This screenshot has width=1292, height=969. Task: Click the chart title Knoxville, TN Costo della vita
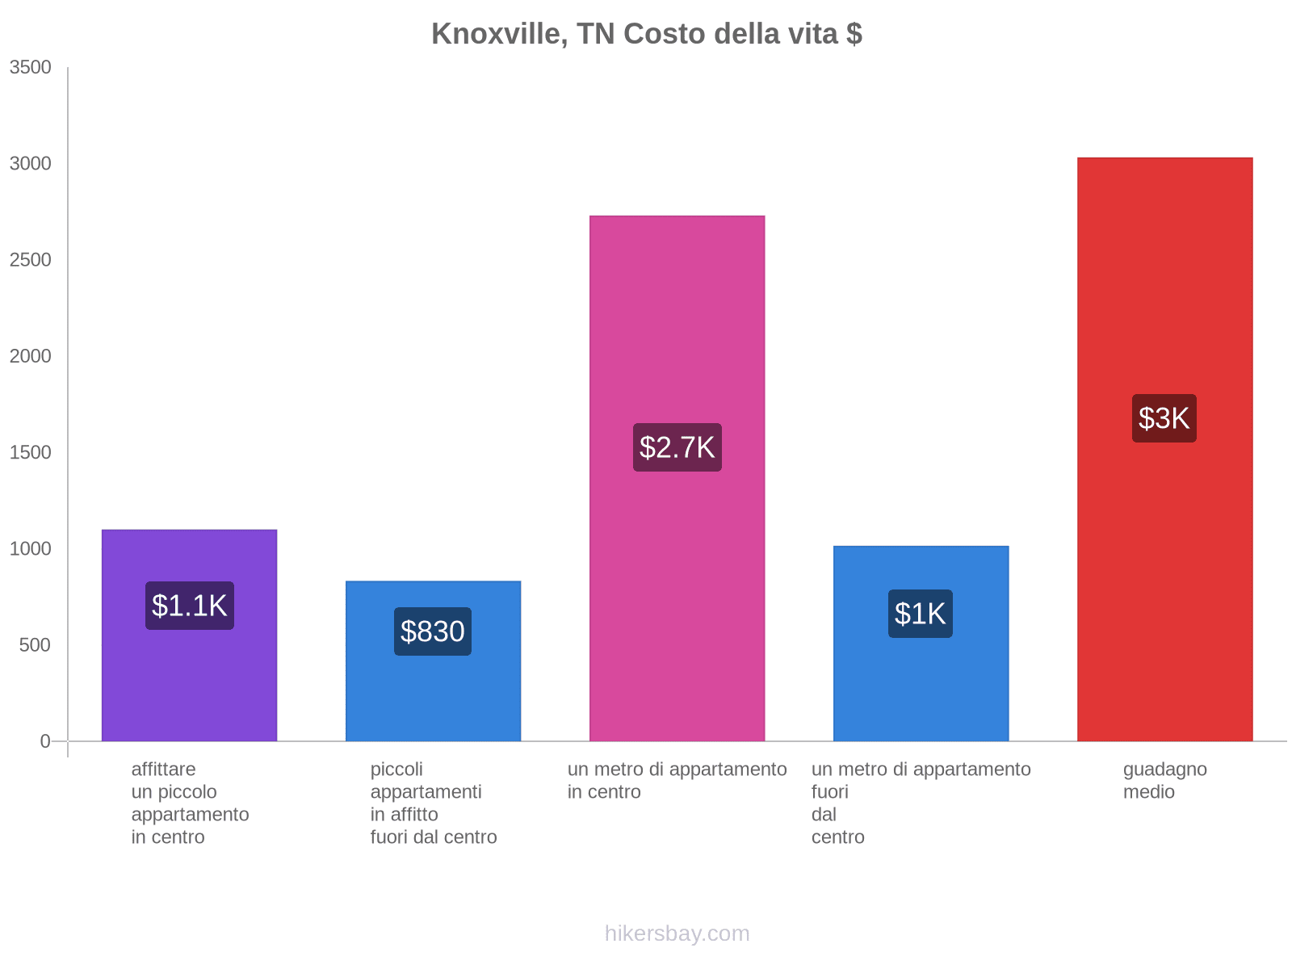[646, 34]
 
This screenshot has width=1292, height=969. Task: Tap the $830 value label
[433, 631]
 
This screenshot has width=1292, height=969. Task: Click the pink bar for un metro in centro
[677, 323]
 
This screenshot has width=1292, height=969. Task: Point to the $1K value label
[921, 614]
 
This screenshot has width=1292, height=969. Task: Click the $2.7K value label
[677, 447]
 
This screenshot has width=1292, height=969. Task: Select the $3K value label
[1164, 418]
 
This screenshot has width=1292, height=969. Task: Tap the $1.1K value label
[189, 606]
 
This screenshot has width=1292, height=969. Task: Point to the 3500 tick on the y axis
[31, 67]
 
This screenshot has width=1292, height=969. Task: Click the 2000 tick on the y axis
[31, 356]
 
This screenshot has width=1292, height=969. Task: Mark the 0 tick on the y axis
[45, 741]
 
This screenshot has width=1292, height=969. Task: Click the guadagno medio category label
[1164, 781]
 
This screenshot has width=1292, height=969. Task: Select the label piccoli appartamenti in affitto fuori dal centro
[433, 803]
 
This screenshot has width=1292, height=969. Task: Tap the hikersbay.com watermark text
[677, 933]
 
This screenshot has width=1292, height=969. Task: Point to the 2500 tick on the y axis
[31, 260]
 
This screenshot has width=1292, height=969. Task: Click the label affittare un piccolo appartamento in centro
[190, 803]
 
